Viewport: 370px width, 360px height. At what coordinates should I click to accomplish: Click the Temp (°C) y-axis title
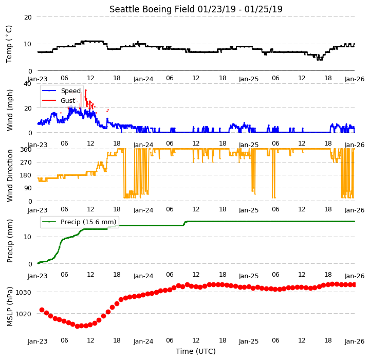(9, 44)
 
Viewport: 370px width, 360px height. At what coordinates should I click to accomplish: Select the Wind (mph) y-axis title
(9, 110)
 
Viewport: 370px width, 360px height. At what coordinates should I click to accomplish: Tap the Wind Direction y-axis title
(10, 175)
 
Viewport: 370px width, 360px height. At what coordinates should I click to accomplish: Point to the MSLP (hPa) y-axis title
(10, 307)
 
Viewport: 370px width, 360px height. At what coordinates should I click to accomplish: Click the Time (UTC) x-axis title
(196, 351)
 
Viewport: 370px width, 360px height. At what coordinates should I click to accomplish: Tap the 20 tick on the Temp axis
(28, 17)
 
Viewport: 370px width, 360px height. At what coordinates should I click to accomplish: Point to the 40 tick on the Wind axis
(27, 84)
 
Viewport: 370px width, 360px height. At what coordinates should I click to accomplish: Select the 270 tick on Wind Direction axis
(26, 163)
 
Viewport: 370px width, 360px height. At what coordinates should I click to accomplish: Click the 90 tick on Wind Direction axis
(28, 188)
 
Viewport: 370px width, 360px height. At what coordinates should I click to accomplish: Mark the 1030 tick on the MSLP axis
(23, 293)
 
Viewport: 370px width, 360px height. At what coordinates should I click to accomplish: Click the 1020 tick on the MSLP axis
(23, 314)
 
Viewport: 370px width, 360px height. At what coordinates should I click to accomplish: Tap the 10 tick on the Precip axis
(27, 237)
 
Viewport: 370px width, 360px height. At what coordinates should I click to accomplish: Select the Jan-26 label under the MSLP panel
(355, 341)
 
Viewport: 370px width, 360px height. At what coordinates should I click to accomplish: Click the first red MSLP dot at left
(42, 310)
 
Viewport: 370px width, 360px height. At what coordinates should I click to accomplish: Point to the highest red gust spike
(86, 90)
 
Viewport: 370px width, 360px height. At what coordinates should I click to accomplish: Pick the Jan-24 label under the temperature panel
(143, 79)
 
